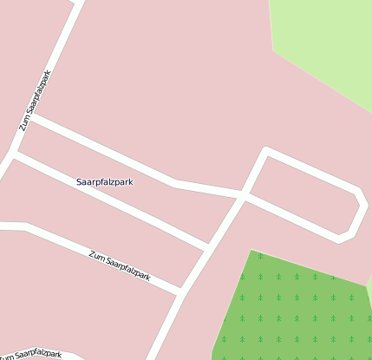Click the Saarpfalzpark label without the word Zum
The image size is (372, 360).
pyautogui.click(x=105, y=182)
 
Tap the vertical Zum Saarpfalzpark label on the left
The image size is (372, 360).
pyautogui.click(x=36, y=101)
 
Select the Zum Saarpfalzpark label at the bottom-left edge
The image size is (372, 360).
pyautogui.click(x=32, y=355)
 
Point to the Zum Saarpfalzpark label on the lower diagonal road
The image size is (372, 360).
pyautogui.click(x=120, y=265)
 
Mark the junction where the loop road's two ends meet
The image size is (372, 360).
pyautogui.click(x=243, y=197)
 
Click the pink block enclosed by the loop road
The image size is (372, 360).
pyautogui.click(x=303, y=195)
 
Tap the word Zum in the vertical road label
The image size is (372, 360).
pyautogui.click(x=25, y=122)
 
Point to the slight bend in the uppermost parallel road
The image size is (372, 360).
pyautogui.click(x=176, y=183)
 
